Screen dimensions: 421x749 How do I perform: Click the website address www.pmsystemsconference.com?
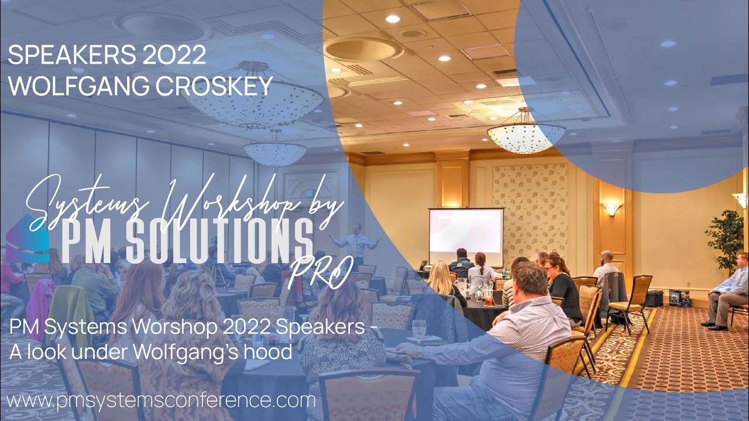click(161, 401)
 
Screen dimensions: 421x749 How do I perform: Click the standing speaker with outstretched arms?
click(355, 246)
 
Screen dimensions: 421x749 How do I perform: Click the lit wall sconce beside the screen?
click(611, 209)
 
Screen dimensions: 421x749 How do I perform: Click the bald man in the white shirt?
click(607, 266)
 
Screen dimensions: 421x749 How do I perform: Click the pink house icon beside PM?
click(26, 240)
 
